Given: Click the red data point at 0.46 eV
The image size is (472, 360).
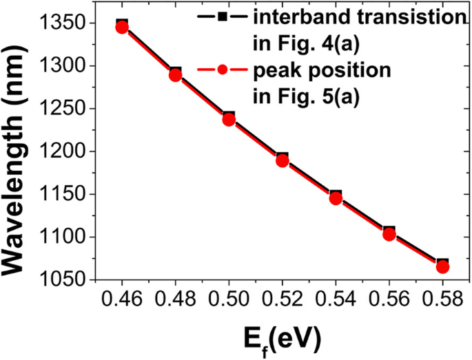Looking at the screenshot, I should click(122, 27).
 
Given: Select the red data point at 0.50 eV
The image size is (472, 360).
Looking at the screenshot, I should click(229, 120).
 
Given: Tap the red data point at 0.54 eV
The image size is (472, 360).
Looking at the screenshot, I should click(336, 198).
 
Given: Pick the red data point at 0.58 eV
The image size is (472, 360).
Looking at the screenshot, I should click(442, 266).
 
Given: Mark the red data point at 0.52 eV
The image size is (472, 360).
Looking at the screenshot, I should click(282, 160).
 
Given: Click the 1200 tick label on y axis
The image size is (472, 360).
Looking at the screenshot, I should click(63, 151).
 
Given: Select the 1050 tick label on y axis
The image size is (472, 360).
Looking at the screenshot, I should click(63, 279).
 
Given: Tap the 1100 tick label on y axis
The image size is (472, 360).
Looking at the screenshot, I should click(63, 237).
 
